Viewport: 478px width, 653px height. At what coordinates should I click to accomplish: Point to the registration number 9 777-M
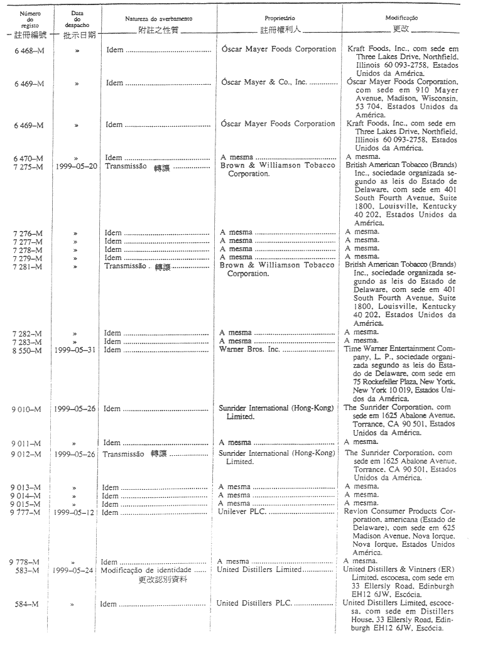pos(27,512)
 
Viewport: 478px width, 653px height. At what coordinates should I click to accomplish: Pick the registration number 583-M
pos(28,570)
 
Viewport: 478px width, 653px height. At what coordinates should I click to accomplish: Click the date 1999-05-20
pos(76,166)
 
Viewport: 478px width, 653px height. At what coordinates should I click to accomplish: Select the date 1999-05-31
pos(75,350)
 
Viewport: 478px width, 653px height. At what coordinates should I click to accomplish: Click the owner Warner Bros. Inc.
pos(249,350)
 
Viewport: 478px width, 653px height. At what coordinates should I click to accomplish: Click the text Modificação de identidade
pos(144,570)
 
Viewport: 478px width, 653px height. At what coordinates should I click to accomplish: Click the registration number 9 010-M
pos(28,409)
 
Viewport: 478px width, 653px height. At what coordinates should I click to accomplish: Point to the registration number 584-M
pos(28,604)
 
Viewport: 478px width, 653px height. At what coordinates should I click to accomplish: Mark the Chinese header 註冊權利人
pos(280,30)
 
